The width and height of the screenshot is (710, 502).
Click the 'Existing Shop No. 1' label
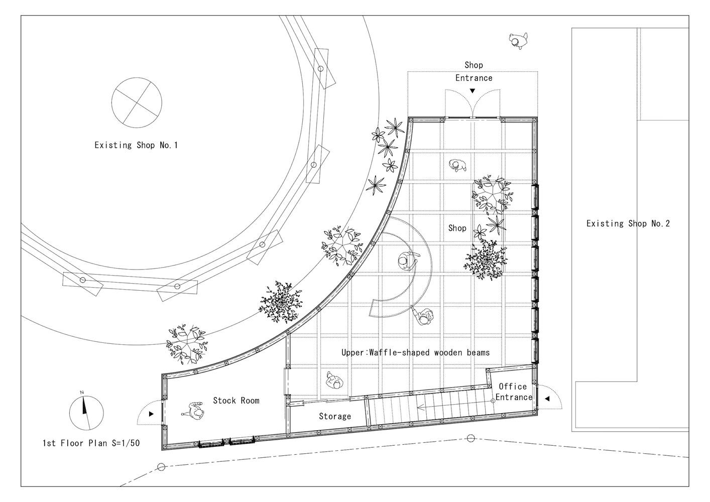[136, 145]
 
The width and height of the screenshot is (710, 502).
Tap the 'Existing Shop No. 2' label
[628, 223]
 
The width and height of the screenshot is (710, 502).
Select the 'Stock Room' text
[236, 401]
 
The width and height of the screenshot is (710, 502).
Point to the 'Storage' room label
[335, 416]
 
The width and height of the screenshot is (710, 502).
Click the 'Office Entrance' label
[514, 392]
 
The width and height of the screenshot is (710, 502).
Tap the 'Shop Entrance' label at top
[474, 71]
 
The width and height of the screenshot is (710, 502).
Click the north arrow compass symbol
[86, 413]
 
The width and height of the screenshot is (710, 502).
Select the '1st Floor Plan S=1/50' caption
[91, 443]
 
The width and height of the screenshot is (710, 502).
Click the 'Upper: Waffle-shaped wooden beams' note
[416, 352]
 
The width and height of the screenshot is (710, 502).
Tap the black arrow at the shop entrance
[472, 91]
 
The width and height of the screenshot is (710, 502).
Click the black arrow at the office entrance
[547, 399]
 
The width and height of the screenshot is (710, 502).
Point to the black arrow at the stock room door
[151, 414]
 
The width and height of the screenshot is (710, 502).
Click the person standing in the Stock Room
[194, 411]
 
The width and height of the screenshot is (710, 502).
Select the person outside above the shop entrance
[519, 41]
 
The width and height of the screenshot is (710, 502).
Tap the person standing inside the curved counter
[407, 261]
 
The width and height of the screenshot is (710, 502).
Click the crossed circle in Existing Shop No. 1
[137, 103]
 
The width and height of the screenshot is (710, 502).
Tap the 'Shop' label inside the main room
[457, 228]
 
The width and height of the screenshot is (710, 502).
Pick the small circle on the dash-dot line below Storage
[471, 438]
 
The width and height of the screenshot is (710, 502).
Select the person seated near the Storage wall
[334, 381]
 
